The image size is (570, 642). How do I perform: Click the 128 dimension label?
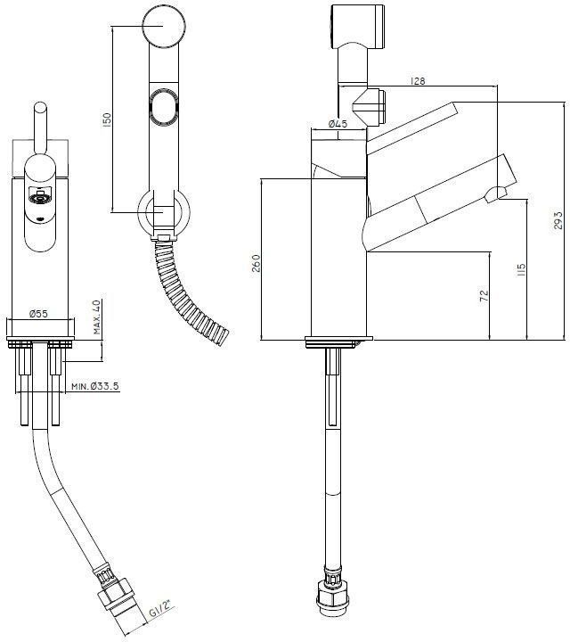tap(417, 81)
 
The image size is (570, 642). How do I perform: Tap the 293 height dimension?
tap(558, 220)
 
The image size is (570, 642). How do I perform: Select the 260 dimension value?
tap(256, 263)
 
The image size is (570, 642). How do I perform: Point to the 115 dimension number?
tap(521, 269)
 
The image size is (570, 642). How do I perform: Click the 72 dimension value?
tap(484, 296)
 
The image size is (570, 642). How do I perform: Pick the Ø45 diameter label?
tap(338, 123)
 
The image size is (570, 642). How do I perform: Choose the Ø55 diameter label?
tap(38, 314)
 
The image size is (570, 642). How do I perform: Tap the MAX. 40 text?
tap(97, 317)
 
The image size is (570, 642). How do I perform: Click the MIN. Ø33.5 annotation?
tap(95, 386)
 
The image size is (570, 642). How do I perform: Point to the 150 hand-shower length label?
tap(106, 120)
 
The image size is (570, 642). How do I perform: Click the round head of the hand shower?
tap(164, 25)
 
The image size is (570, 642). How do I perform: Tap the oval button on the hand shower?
tap(164, 105)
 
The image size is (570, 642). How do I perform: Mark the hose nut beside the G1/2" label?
tap(117, 593)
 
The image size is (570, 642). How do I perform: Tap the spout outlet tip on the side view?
tap(496, 193)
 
